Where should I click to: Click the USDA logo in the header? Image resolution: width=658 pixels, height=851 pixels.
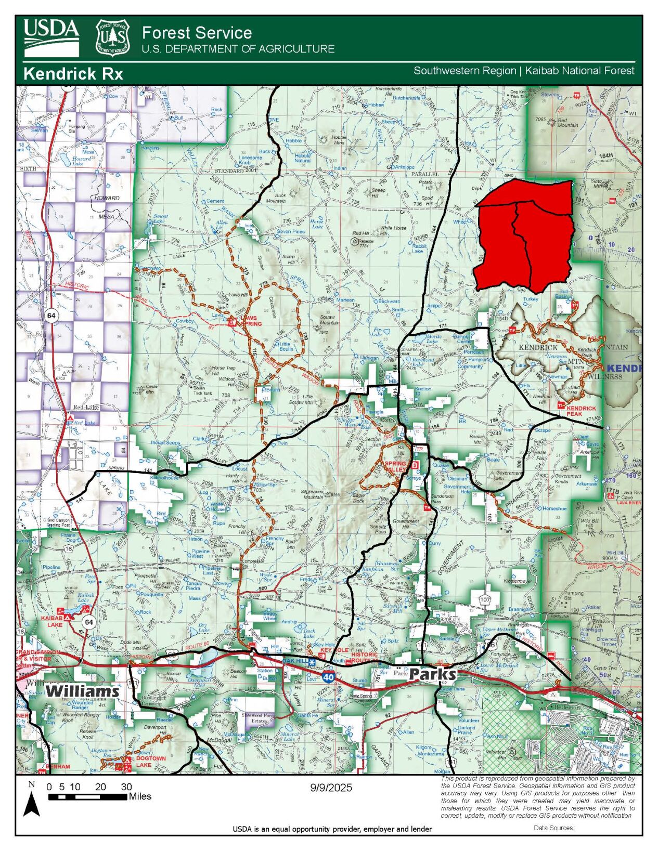coord(51,37)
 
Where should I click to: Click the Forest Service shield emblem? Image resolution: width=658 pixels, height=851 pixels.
coord(113,37)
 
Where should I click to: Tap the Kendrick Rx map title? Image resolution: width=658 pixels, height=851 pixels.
coord(73,74)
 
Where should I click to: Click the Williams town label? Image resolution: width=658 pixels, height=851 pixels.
coord(82,691)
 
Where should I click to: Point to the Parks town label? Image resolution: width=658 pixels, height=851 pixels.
coord(432,675)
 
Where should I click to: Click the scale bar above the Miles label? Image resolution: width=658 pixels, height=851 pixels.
coord(87,796)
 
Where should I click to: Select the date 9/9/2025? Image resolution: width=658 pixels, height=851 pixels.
coord(331,788)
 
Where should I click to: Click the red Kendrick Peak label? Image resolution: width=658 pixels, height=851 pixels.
coord(581,411)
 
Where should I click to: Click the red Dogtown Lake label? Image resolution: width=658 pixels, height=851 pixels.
coord(151,762)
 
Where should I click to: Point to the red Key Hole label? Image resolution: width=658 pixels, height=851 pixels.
coord(334,650)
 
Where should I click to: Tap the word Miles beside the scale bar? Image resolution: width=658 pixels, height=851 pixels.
coord(140,796)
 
